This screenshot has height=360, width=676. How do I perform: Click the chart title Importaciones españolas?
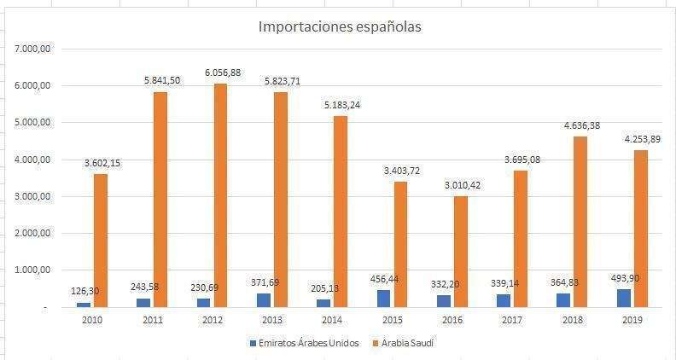point(340,27)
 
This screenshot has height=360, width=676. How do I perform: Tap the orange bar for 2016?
point(461,251)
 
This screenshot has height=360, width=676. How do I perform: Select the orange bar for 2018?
point(581,221)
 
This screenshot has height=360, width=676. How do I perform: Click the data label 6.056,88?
point(220,73)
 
